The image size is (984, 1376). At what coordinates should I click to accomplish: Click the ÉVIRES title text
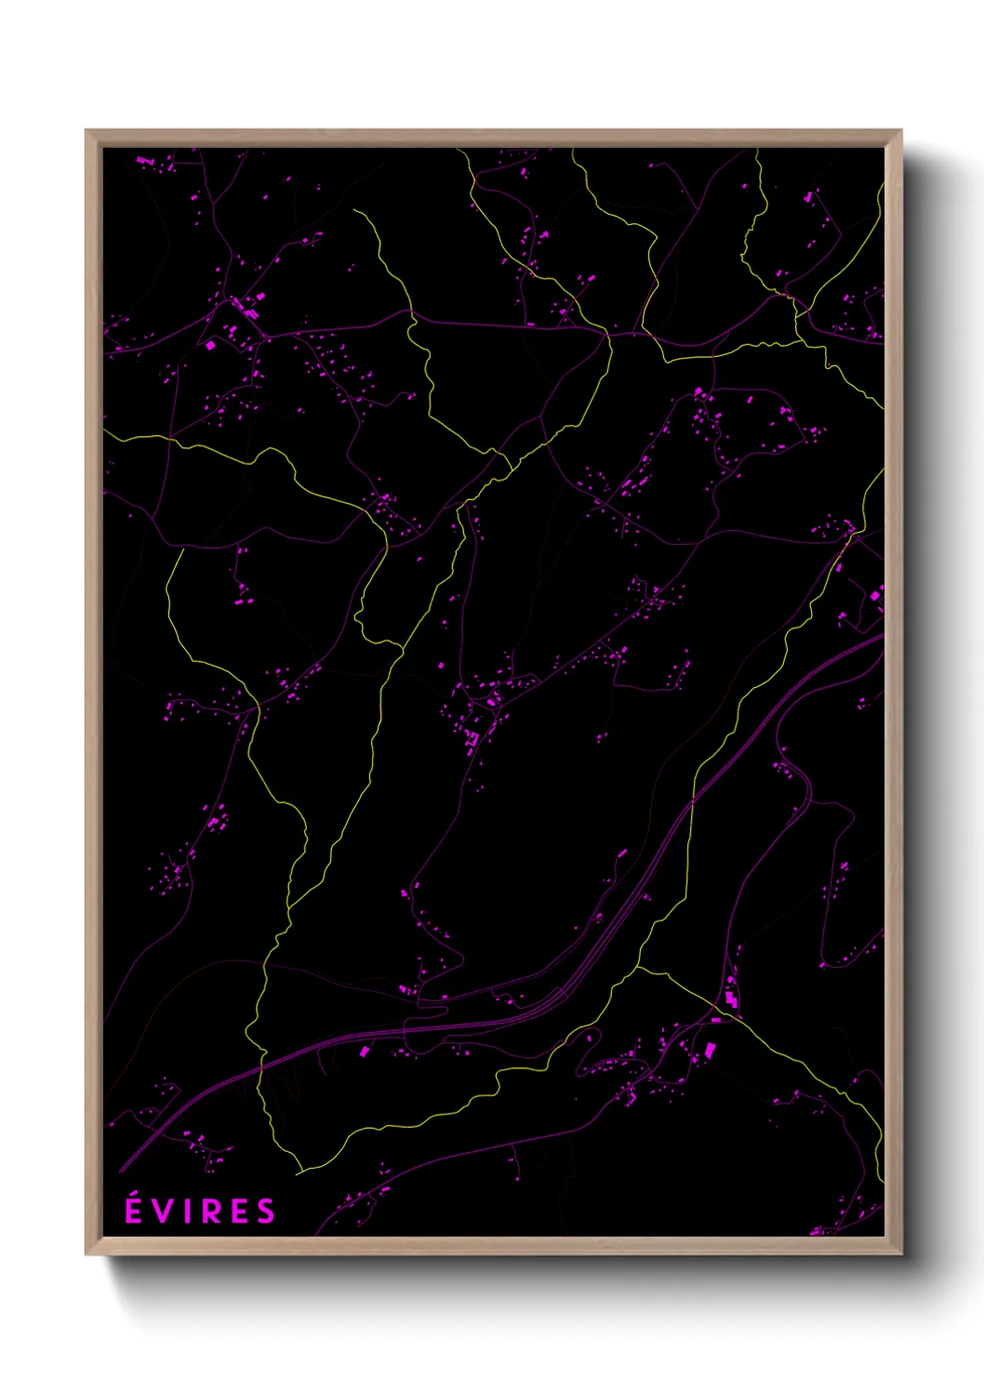(200, 1211)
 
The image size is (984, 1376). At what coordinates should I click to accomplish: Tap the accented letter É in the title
(134, 1211)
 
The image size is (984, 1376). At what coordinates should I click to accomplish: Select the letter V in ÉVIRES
(164, 1211)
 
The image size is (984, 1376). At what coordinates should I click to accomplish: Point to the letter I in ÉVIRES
(189, 1211)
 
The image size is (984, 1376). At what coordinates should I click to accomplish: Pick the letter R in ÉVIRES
(213, 1211)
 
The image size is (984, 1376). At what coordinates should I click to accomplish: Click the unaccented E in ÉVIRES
(240, 1211)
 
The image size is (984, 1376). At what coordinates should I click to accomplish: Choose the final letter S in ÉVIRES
(266, 1211)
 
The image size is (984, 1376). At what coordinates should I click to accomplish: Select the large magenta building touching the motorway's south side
(365, 1051)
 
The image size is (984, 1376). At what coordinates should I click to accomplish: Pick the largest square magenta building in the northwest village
(210, 345)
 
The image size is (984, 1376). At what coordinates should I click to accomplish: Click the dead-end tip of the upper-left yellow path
(353, 210)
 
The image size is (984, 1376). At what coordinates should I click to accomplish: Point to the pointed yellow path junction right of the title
(300, 1171)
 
